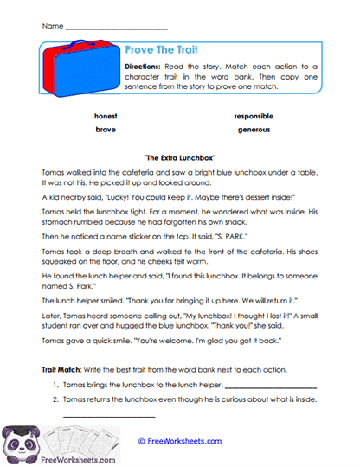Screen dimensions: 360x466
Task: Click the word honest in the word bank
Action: click(x=106, y=115)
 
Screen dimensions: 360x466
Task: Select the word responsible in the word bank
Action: click(x=253, y=115)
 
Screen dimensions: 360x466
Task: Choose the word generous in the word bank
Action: click(x=253, y=129)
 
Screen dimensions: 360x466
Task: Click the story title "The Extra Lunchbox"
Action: click(x=179, y=158)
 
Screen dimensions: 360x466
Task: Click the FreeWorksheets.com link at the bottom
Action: click(x=179, y=441)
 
